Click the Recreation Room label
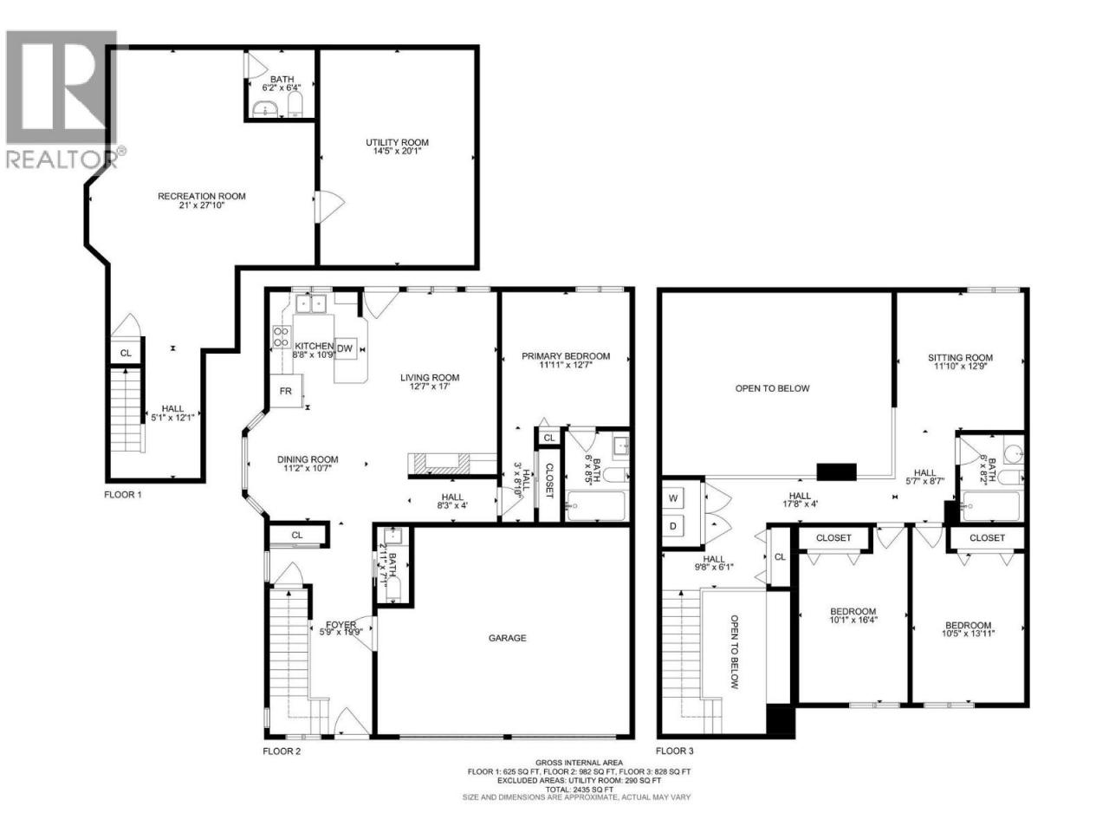(202, 196)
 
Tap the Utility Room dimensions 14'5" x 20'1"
(397, 151)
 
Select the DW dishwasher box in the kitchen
(345, 348)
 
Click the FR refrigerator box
(286, 391)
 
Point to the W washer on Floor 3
(673, 498)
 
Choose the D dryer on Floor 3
(673, 526)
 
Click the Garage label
(507, 638)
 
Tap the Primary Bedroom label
(566, 356)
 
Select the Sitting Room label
(961, 358)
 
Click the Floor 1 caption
(123, 495)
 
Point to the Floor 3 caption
(674, 751)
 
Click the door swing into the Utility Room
(329, 206)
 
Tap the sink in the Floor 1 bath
(265, 108)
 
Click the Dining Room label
(308, 459)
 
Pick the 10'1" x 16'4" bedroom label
(853, 615)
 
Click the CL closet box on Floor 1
(126, 353)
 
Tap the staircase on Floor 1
(126, 410)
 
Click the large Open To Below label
(772, 388)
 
